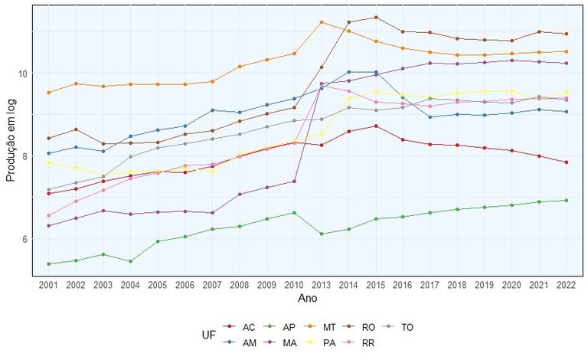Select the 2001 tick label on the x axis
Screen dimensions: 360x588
pyautogui.click(x=49, y=284)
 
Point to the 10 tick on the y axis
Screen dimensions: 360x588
pyautogui.click(x=22, y=74)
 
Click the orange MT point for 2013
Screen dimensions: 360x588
pyautogui.click(x=322, y=22)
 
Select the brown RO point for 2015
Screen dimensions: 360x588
pyautogui.click(x=375, y=18)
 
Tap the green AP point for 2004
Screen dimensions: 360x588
pyautogui.click(x=131, y=261)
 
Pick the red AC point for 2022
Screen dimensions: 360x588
pyautogui.click(x=566, y=162)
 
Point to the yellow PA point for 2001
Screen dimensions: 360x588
pyautogui.click(x=49, y=162)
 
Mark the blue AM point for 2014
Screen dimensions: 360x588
pyautogui.click(x=348, y=72)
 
